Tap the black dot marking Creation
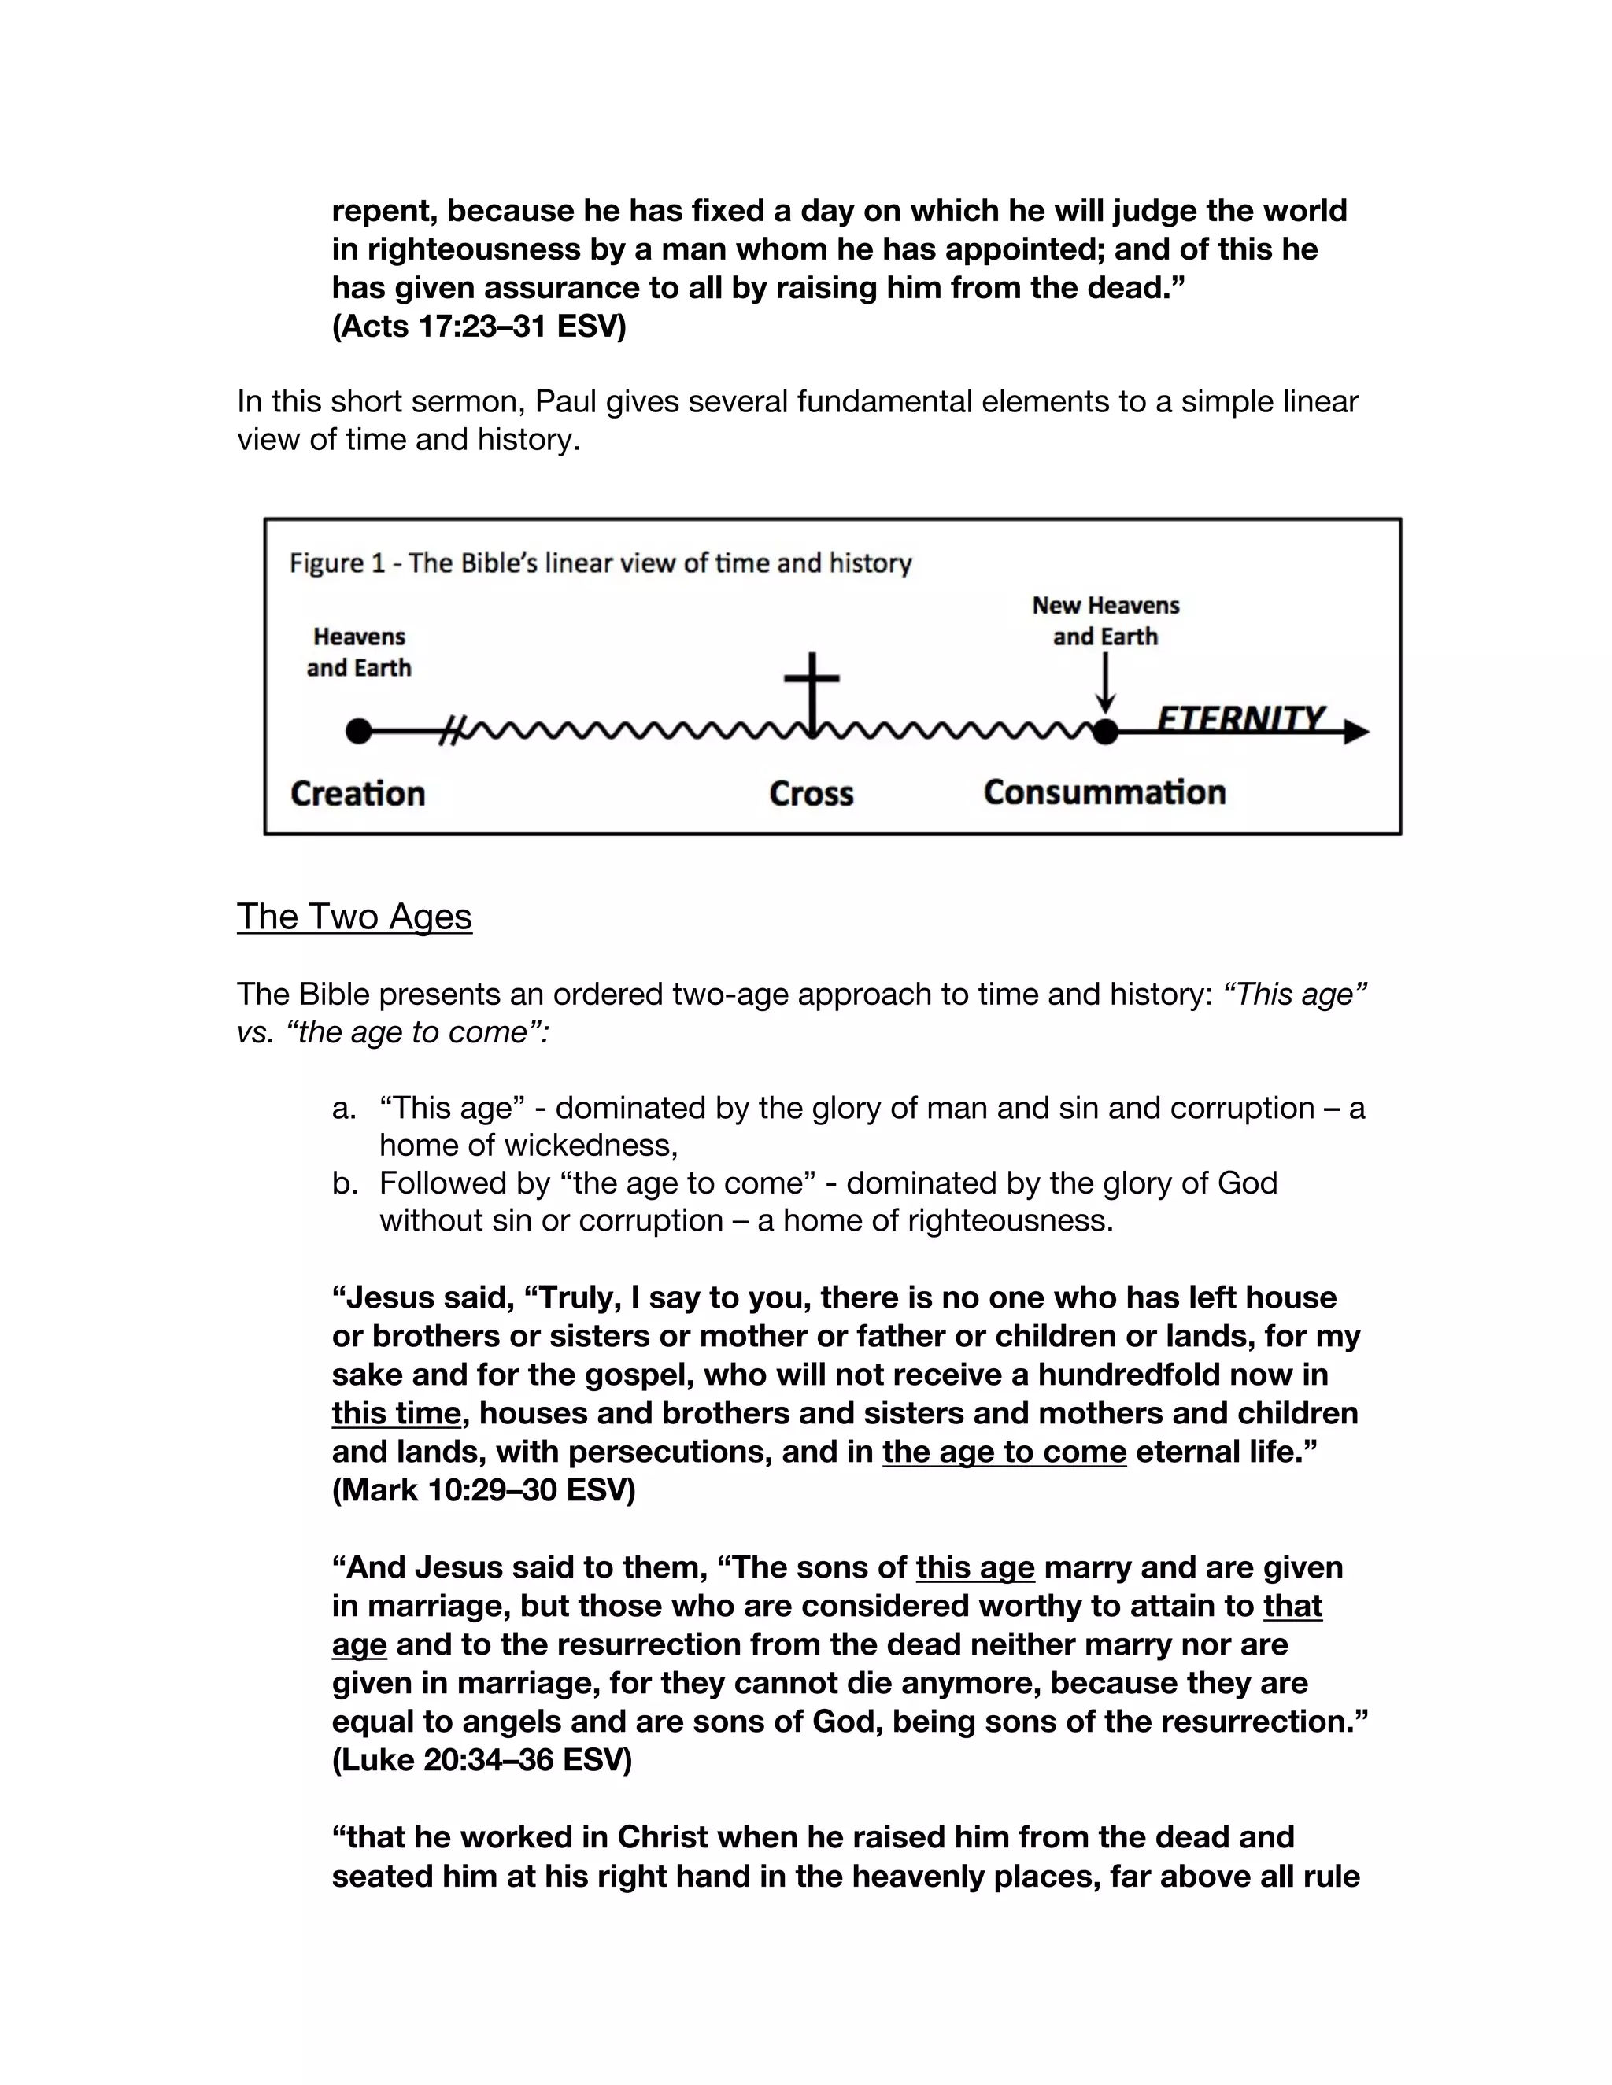pyautogui.click(x=358, y=731)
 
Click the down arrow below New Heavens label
pyautogui.click(x=1105, y=685)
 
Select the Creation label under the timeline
pyautogui.click(x=357, y=793)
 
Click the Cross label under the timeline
pyautogui.click(x=811, y=793)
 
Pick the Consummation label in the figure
pyautogui.click(x=1104, y=792)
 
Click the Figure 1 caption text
pyautogui.click(x=600, y=563)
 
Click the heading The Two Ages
pyautogui.click(x=354, y=917)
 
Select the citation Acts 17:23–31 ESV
pyautogui.click(x=479, y=327)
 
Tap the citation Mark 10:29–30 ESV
pyautogui.click(x=483, y=1490)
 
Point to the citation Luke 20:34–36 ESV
pyautogui.click(x=481, y=1759)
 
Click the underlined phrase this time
pyautogui.click(x=395, y=1413)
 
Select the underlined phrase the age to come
pyautogui.click(x=1004, y=1452)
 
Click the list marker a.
pyautogui.click(x=344, y=1109)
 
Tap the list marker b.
pyautogui.click(x=344, y=1184)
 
